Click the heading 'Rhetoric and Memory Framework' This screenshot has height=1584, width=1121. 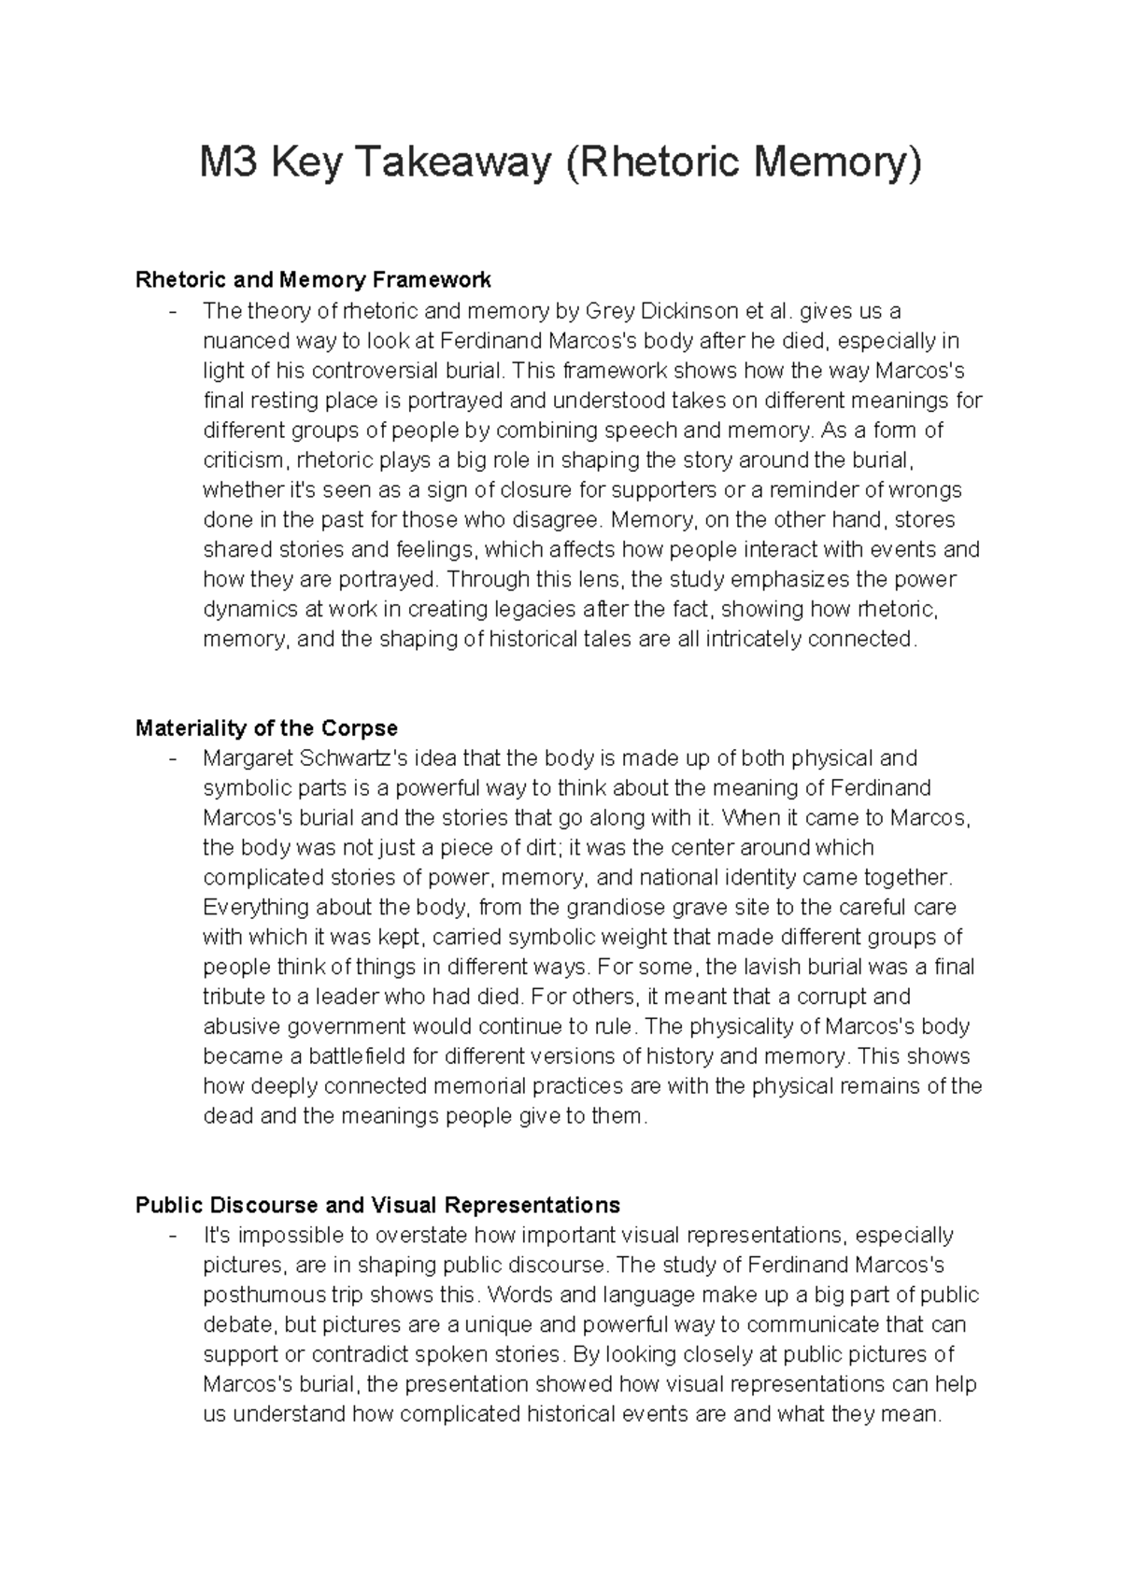(313, 279)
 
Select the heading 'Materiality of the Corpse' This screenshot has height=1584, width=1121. (266, 728)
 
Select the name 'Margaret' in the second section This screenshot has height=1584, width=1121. (247, 757)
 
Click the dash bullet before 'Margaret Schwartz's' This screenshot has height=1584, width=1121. (172, 758)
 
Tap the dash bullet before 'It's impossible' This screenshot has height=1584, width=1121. (172, 1236)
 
